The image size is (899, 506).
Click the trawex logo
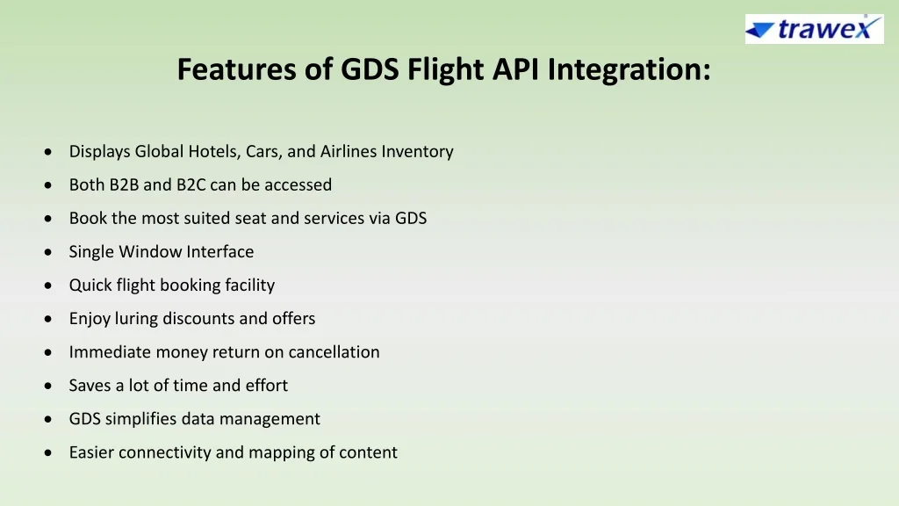[814, 29]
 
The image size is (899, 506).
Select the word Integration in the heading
[629, 70]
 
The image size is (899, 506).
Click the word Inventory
[417, 151]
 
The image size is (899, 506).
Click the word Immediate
[110, 351]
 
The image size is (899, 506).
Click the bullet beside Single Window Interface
[47, 252]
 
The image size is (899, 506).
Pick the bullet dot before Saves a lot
[47, 386]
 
